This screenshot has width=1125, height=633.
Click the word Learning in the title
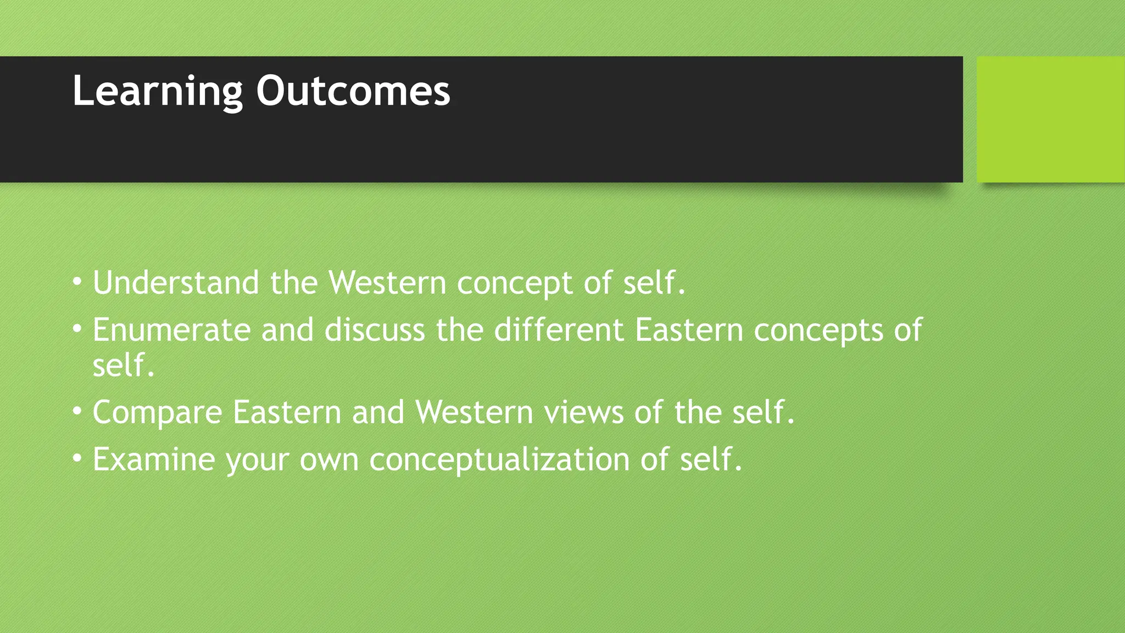157,92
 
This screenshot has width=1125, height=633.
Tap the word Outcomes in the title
353,92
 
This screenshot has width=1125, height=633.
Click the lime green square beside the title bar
1050,119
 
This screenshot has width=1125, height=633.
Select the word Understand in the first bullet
176,283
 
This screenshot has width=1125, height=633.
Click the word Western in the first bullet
387,283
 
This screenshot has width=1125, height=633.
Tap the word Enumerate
171,330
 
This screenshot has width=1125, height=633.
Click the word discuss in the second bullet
375,330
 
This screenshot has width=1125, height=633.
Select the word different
559,330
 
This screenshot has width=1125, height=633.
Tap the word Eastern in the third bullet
287,412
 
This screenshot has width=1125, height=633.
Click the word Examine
153,459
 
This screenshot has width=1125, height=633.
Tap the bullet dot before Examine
77,458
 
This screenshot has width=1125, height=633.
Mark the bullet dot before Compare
77,411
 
